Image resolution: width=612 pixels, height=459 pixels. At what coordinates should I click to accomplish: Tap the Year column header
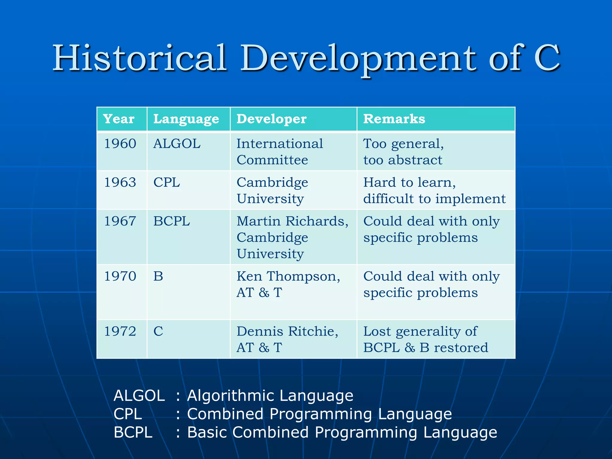click(x=119, y=119)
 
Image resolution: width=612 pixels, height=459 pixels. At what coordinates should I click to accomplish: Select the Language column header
click(x=186, y=119)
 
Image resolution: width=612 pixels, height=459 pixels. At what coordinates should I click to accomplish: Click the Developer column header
click(x=271, y=119)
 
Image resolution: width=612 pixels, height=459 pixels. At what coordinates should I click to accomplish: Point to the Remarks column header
click(x=394, y=119)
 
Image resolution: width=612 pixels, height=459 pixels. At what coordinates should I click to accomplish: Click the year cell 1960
click(x=120, y=144)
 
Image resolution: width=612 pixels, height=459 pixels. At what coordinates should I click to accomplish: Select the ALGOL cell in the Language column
click(x=177, y=144)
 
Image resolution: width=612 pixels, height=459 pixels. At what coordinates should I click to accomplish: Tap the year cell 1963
click(x=120, y=182)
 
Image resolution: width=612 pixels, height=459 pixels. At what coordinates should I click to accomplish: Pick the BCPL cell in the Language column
click(x=172, y=221)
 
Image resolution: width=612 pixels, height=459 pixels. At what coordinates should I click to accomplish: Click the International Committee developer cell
click(x=279, y=152)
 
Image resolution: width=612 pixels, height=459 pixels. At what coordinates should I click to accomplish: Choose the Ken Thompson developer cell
click(x=288, y=284)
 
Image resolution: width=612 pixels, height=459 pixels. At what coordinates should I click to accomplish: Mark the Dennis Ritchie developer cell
click(x=287, y=339)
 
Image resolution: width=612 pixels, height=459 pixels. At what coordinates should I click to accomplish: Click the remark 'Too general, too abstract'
click(x=403, y=152)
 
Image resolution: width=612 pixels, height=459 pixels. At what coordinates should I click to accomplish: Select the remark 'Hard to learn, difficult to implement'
click(x=434, y=190)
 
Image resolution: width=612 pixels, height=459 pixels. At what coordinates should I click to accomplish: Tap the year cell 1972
click(x=120, y=331)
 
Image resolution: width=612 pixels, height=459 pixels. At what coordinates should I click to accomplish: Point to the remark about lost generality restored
click(x=425, y=339)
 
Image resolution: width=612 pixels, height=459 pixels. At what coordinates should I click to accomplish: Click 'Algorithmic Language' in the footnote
click(x=270, y=396)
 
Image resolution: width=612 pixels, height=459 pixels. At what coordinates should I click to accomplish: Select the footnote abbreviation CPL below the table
click(x=128, y=414)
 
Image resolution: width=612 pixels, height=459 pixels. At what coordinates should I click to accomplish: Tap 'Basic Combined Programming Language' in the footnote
click(x=342, y=432)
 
